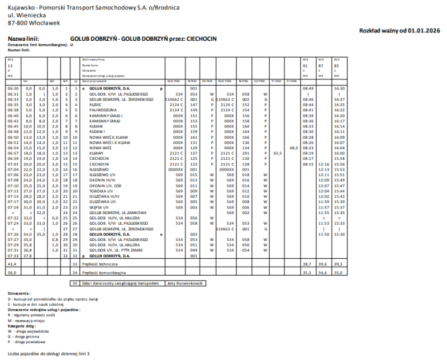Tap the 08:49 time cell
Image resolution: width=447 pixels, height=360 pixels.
308,88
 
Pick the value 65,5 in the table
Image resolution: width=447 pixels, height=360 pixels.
278,153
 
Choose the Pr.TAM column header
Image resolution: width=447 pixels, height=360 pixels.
275,82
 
